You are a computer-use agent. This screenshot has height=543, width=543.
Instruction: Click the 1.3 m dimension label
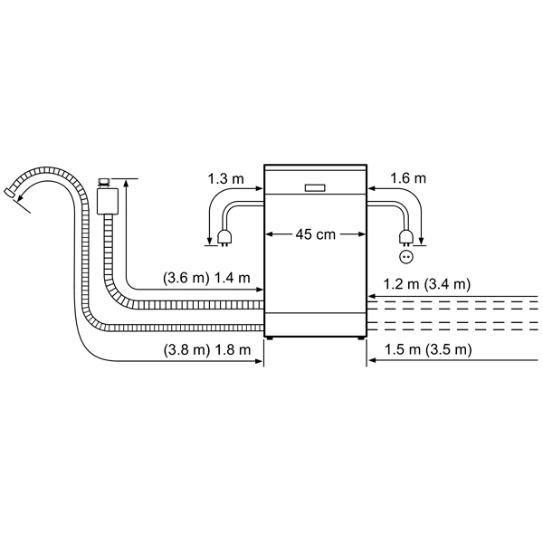225,179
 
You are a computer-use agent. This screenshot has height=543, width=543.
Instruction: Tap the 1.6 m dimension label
408,178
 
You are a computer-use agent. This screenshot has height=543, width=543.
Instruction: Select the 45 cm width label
316,234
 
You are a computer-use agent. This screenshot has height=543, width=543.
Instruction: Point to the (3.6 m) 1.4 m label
206,278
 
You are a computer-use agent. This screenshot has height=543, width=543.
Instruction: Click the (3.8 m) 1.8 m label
206,349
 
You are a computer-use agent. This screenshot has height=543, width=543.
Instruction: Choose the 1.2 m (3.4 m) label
426,284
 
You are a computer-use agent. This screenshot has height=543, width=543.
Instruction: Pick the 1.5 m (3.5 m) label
428,349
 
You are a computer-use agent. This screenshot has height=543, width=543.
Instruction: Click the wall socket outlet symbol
406,257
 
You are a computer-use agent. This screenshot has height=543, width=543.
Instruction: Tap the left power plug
224,238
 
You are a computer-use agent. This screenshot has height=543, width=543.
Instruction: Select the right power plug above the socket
406,238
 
